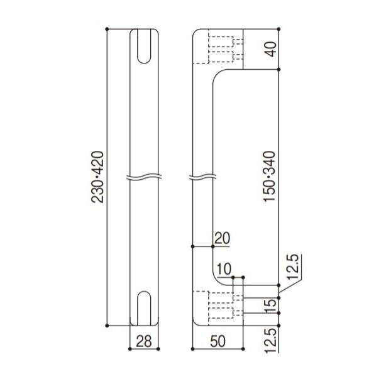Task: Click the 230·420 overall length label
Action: coord(97,178)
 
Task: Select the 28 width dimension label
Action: coord(144,342)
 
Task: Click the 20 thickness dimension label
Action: coord(223,238)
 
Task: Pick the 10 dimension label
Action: coord(223,269)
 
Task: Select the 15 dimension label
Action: coord(271,305)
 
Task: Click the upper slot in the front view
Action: coord(144,46)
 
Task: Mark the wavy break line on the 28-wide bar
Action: coord(144,177)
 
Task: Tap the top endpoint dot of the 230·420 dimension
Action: coord(108,29)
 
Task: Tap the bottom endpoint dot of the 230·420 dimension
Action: coord(108,326)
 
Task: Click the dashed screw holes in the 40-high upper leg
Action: coord(221,50)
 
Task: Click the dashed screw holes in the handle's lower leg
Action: coord(221,305)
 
